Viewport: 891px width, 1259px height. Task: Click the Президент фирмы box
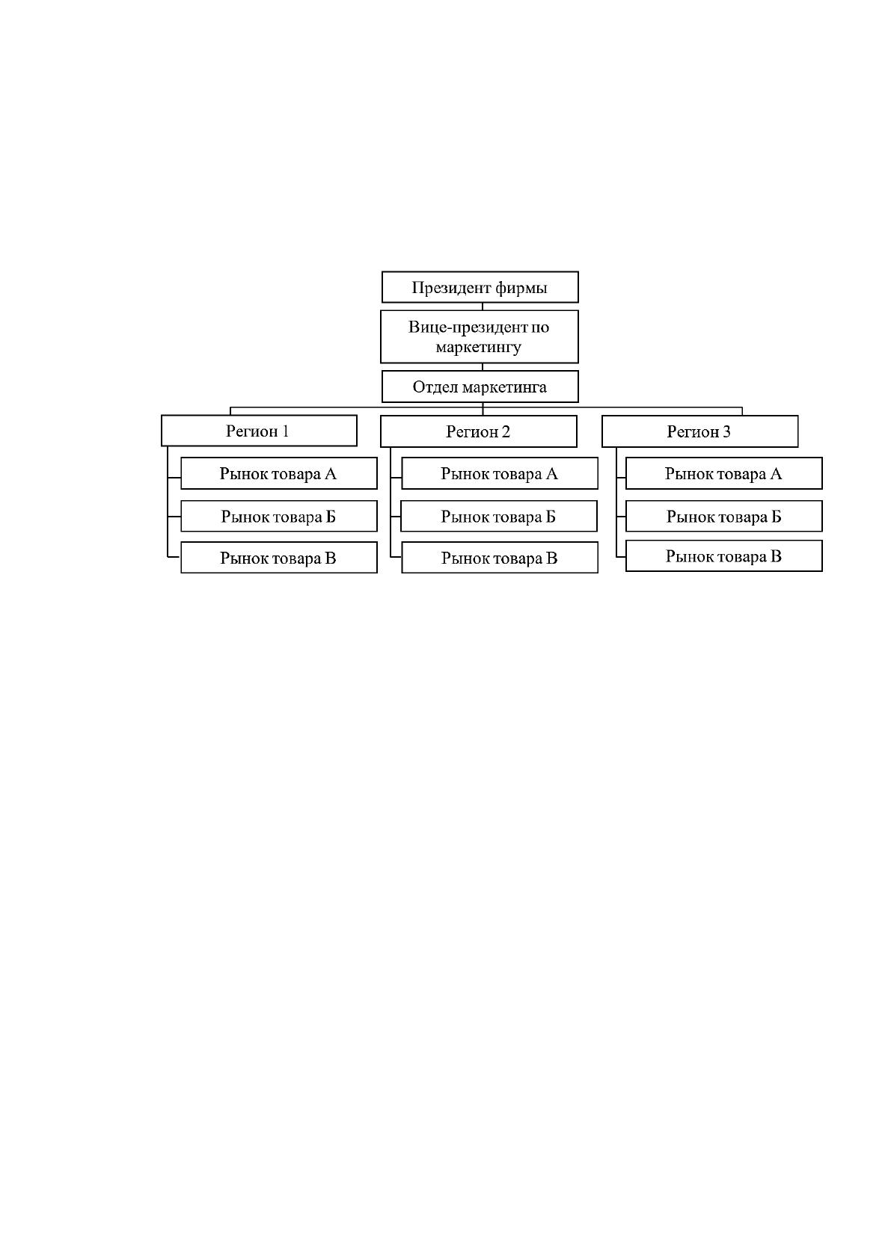point(480,287)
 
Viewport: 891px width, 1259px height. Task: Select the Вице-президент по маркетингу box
point(480,336)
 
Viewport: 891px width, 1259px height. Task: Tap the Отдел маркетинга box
point(480,387)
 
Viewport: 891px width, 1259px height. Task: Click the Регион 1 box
point(259,431)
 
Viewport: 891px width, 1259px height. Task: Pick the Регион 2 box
point(479,431)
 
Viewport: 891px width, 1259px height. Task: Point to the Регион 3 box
point(699,431)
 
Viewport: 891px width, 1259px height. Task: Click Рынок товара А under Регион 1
point(278,473)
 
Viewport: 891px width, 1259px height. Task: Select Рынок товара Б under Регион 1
point(278,516)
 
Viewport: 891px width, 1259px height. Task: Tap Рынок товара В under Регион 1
point(278,558)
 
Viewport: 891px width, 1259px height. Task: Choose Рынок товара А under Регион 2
point(500,473)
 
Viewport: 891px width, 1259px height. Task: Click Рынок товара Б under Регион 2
point(499,516)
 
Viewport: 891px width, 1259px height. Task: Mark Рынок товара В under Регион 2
point(500,558)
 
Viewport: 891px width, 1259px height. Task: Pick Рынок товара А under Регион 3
point(724,473)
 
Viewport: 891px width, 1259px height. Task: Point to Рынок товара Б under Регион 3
point(724,516)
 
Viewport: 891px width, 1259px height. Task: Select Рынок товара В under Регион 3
point(724,556)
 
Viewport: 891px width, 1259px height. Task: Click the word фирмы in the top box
point(521,288)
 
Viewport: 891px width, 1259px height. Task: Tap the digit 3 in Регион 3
point(726,431)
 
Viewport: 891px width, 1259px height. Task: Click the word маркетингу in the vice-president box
point(479,348)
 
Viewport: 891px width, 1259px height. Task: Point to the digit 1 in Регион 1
point(285,431)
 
